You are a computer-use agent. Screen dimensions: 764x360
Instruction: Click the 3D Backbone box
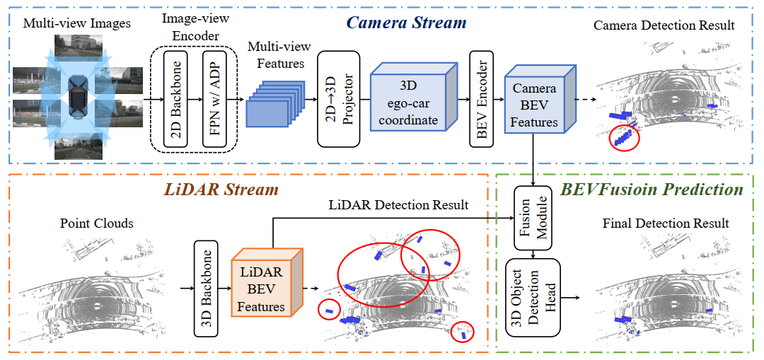click(x=206, y=289)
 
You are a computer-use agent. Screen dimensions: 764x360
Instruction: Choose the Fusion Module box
click(x=533, y=218)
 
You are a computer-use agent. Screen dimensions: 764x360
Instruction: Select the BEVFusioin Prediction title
click(x=652, y=190)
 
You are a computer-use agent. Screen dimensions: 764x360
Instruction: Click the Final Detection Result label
click(x=666, y=223)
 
